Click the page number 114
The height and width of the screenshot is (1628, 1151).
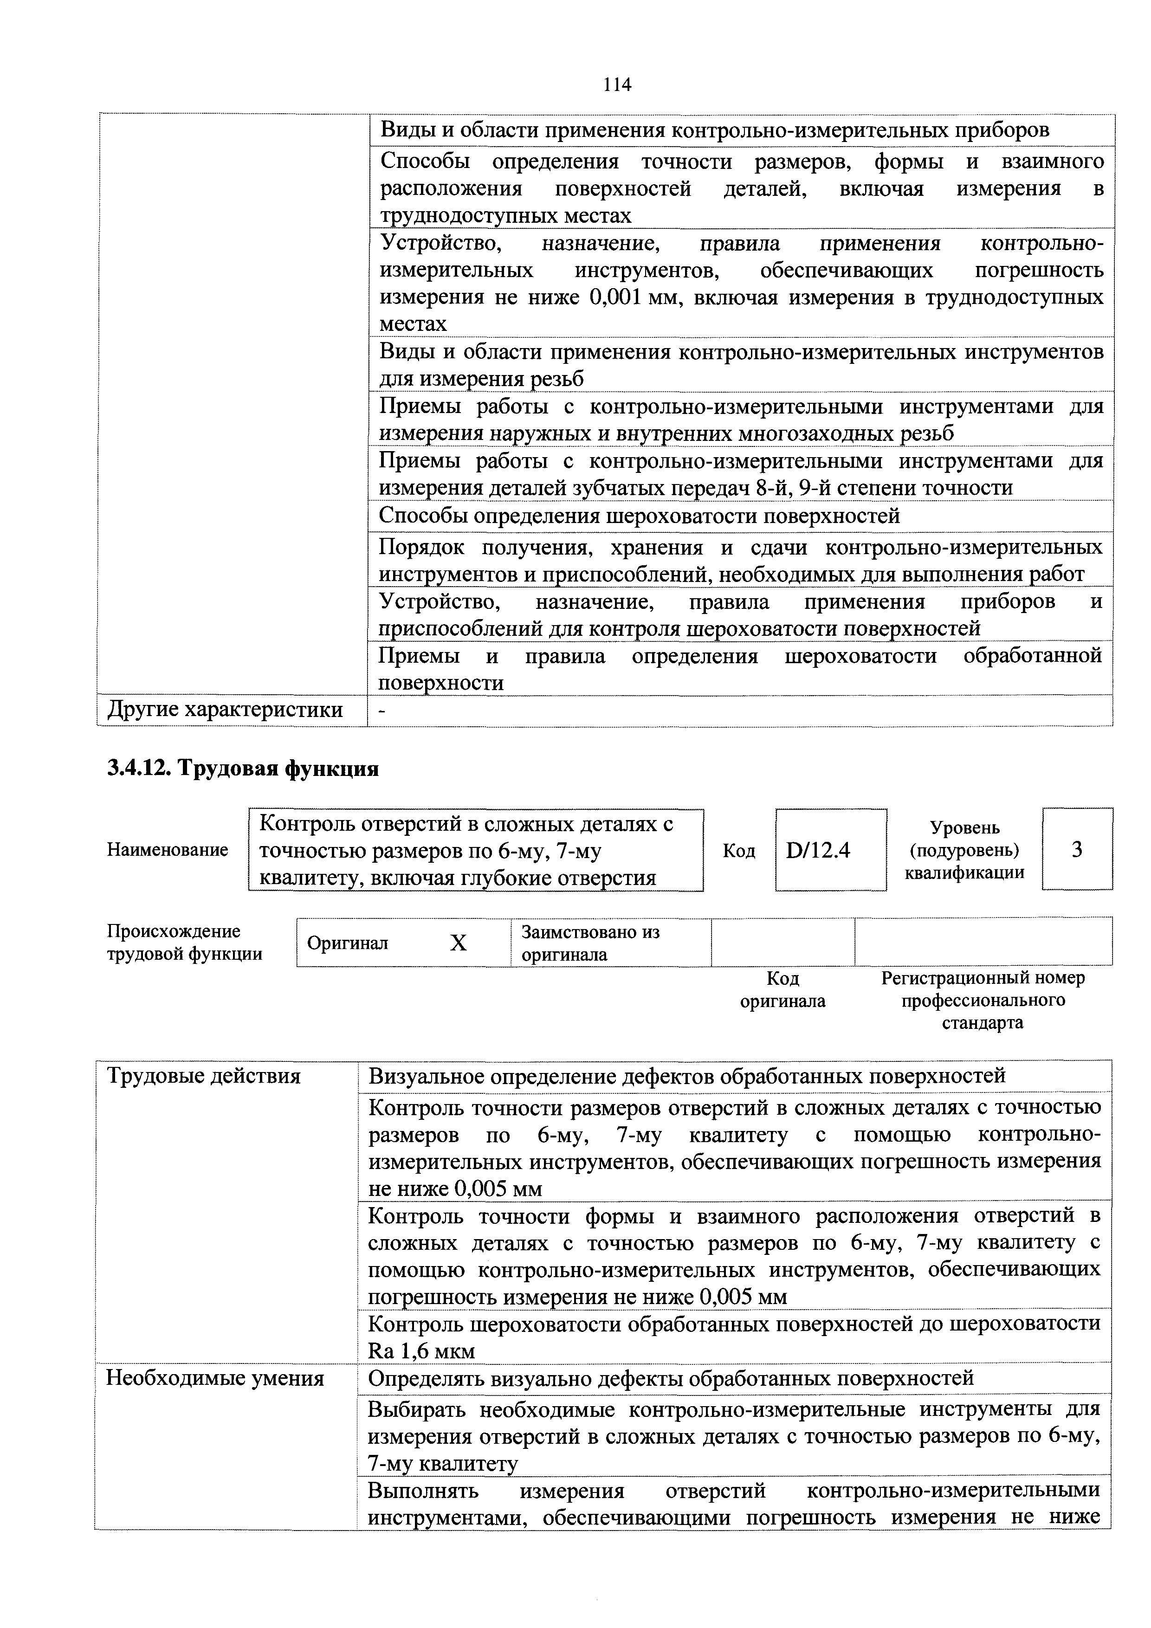(x=616, y=85)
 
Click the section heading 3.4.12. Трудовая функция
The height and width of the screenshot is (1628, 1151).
(x=243, y=769)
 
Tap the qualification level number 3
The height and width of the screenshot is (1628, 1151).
(x=1077, y=849)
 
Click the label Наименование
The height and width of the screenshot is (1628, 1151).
(x=168, y=849)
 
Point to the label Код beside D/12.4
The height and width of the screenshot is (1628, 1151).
(x=738, y=850)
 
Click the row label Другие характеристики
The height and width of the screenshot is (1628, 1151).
(x=225, y=710)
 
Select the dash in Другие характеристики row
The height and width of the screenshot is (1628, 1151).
(x=382, y=711)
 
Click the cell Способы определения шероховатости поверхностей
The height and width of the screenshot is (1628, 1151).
(x=639, y=516)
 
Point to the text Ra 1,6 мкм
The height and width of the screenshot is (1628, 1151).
(x=421, y=1351)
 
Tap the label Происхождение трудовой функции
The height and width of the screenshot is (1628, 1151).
(x=184, y=943)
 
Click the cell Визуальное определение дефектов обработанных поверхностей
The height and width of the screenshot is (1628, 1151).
(x=686, y=1076)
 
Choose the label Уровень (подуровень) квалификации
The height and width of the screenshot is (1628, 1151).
(x=964, y=849)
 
